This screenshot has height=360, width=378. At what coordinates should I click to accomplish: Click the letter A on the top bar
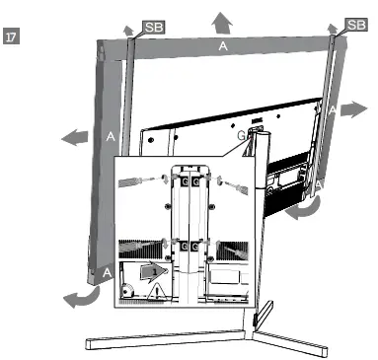click(224, 46)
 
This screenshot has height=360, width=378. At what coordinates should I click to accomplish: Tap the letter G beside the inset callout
click(239, 133)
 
